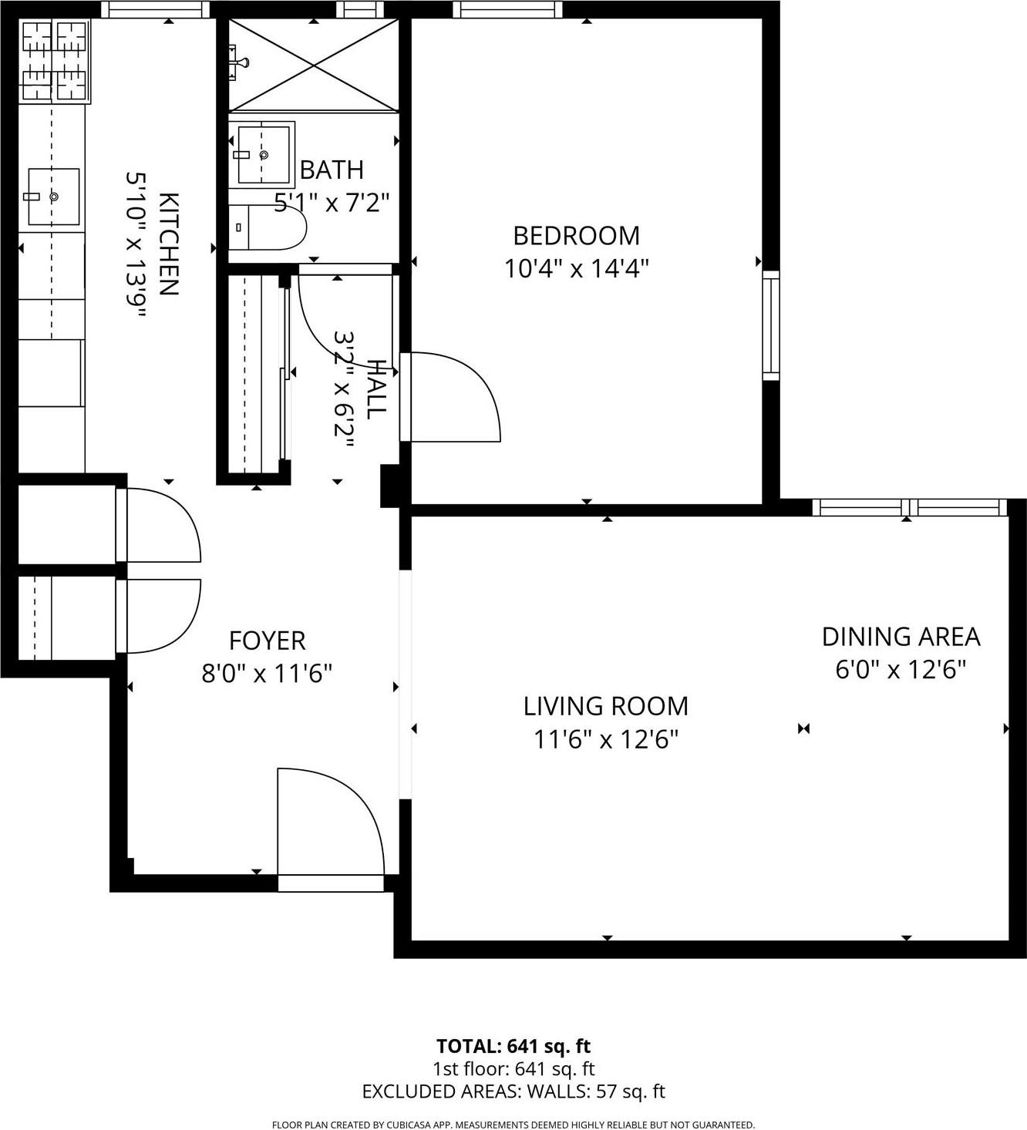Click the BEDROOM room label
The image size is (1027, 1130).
tap(576, 235)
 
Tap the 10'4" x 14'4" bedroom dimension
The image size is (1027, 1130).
tap(576, 269)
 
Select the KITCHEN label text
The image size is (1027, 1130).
tap(169, 244)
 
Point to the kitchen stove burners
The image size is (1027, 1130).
tap(54, 62)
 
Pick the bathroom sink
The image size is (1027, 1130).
tap(262, 154)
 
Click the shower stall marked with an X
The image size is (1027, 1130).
tap(314, 66)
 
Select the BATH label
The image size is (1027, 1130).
tap(332, 170)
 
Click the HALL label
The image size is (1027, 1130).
tap(375, 389)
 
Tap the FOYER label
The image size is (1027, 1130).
tap(267, 641)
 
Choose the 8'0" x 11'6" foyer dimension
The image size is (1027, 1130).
tap(267, 674)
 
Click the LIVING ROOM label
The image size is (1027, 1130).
tap(605, 706)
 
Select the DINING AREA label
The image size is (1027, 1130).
tap(901, 637)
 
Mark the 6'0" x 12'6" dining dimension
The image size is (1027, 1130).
tap(901, 670)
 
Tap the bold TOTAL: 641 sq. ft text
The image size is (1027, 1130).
tap(513, 1046)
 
